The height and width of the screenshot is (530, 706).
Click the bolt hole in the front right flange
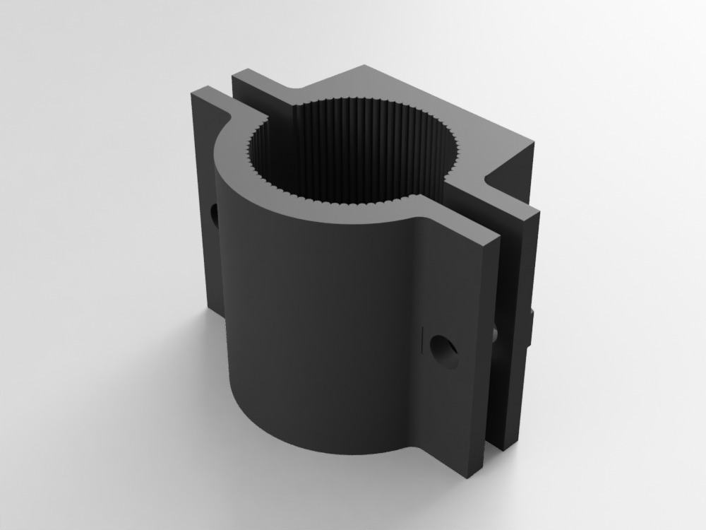[x=443, y=351]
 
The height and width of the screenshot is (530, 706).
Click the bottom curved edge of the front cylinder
[x=325, y=452]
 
